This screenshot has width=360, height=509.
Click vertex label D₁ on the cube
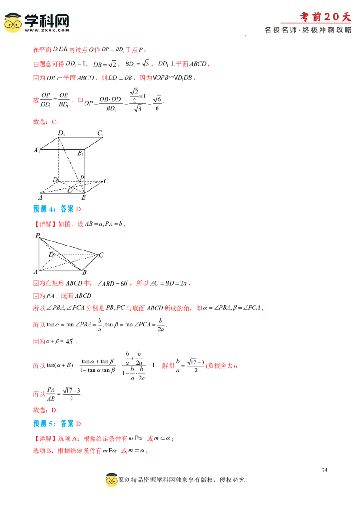[61, 133]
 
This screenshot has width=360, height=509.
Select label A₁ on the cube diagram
[36, 150]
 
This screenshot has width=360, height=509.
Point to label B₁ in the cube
[81, 153]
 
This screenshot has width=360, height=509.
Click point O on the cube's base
[70, 191]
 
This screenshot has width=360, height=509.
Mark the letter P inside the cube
[82, 178]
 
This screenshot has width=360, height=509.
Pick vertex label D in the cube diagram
[54, 180]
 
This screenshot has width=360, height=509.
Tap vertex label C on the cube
[106, 181]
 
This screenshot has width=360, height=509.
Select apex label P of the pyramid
[37, 236]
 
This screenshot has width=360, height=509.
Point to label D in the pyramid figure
[51, 255]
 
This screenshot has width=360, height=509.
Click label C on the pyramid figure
[101, 255]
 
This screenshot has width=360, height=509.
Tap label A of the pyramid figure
[36, 272]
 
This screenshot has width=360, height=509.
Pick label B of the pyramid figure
[84, 272]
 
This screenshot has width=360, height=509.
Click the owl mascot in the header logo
[13, 22]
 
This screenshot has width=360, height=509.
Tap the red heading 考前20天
[325, 17]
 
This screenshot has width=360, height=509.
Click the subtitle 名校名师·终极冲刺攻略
[308, 30]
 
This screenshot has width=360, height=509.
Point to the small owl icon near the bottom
[112, 481]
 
